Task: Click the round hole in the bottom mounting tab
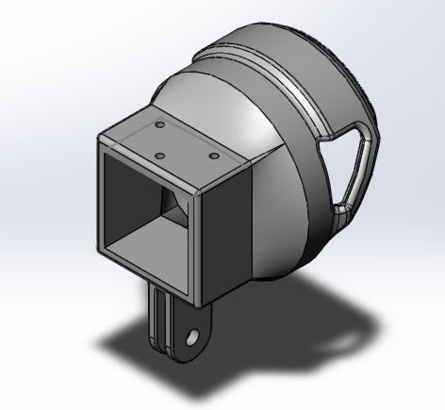(x=193, y=336)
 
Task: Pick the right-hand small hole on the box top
(x=213, y=155)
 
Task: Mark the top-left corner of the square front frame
(x=99, y=139)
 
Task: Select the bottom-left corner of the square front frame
(x=99, y=254)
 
